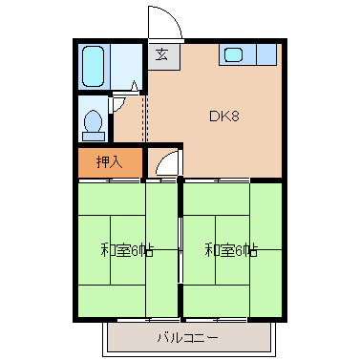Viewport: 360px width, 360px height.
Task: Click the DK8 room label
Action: point(223,117)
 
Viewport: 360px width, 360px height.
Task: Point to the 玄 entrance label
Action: point(161,54)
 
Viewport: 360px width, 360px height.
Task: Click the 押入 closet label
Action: point(110,161)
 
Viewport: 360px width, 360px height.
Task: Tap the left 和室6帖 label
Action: point(126,250)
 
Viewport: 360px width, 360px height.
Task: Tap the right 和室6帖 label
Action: point(230,250)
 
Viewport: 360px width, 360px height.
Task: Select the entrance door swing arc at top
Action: point(159,24)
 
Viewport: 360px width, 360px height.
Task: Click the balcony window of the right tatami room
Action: point(232,319)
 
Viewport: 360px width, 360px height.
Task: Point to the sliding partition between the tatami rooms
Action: point(180,250)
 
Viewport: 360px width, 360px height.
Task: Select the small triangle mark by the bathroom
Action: point(135,85)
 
